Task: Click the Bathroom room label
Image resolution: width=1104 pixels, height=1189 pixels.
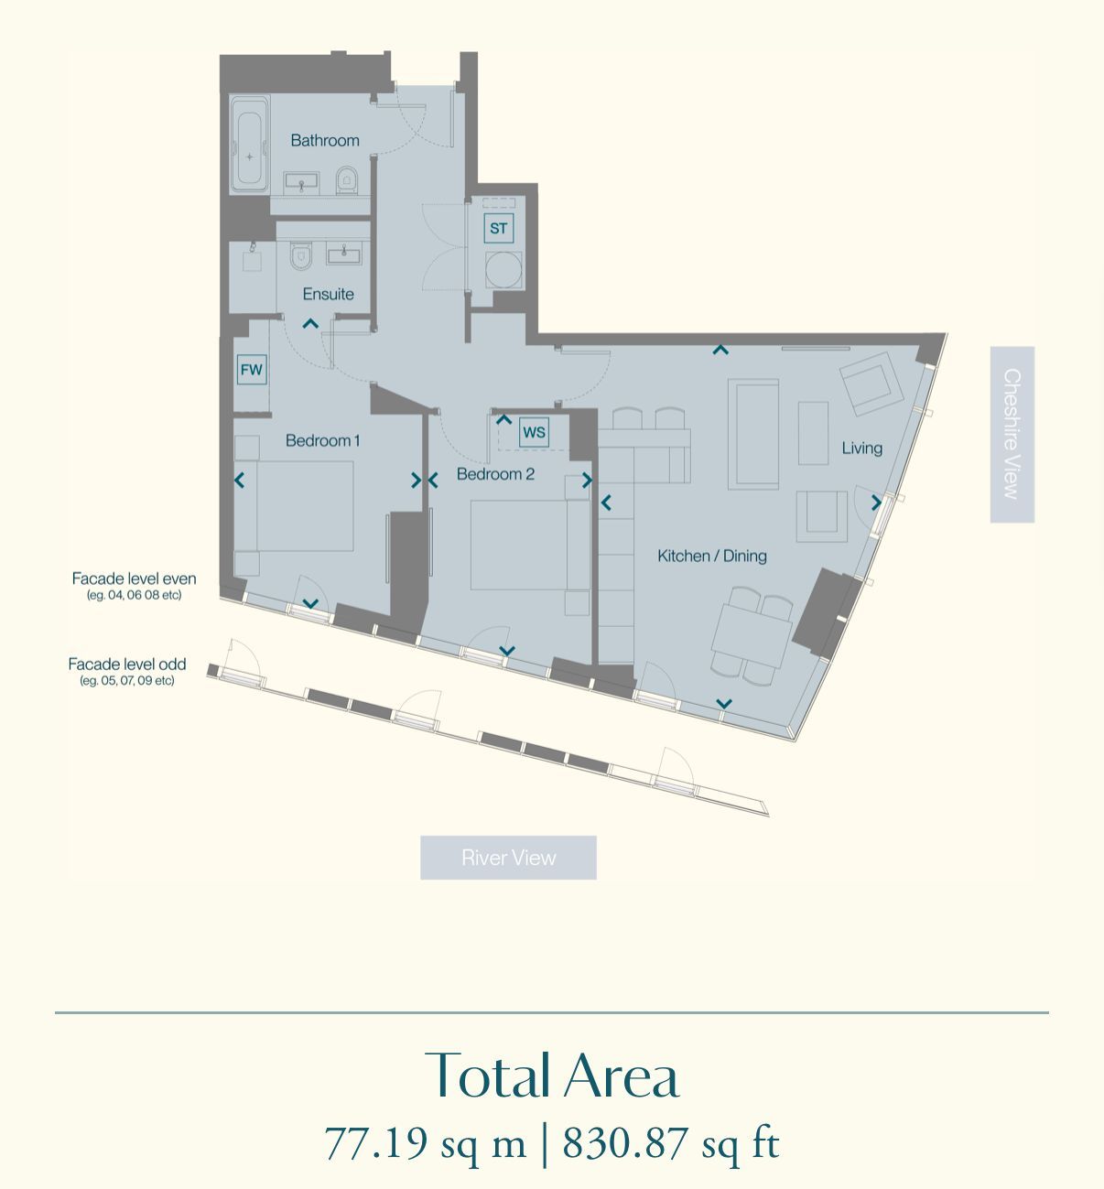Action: (x=325, y=140)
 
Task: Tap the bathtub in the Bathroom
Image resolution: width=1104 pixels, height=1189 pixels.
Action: (x=249, y=146)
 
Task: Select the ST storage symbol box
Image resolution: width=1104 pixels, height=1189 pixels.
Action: (x=499, y=228)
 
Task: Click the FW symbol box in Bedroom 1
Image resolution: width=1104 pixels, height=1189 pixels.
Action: (x=251, y=370)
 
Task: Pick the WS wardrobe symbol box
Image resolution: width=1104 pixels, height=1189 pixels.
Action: (x=534, y=432)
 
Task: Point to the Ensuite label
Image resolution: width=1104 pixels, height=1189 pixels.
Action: (x=328, y=294)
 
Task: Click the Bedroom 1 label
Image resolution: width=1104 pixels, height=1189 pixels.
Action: (x=322, y=440)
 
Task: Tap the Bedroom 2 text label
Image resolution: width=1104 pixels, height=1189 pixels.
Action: (x=495, y=474)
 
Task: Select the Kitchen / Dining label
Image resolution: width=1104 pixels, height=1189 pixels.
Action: (x=712, y=556)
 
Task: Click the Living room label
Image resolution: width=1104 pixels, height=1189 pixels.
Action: (x=861, y=448)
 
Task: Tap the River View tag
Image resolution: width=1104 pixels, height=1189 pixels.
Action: (x=508, y=858)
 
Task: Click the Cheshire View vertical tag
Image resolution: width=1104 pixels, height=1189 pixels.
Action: (x=1012, y=434)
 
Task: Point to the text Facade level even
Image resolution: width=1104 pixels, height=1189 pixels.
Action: (x=134, y=578)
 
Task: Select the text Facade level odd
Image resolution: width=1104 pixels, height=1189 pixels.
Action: (x=127, y=665)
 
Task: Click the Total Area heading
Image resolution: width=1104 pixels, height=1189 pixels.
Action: (x=552, y=1076)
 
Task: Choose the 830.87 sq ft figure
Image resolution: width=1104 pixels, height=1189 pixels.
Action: (x=670, y=1144)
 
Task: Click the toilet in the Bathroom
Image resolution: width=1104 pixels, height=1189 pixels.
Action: (x=346, y=178)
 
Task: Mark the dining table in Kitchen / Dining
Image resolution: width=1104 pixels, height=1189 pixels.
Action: (x=752, y=637)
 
